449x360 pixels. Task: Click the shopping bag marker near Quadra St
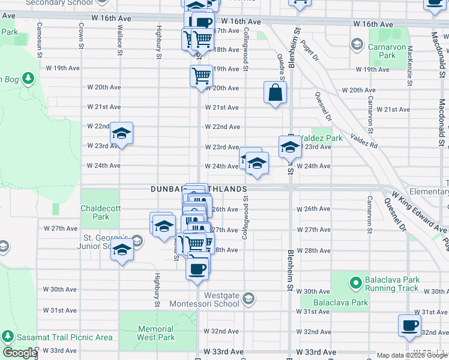(x=275, y=93)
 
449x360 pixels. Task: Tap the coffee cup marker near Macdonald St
(x=409, y=325)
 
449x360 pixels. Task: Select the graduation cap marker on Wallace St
(x=121, y=134)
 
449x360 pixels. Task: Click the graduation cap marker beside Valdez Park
(x=289, y=146)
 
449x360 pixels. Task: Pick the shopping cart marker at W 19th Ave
(x=201, y=76)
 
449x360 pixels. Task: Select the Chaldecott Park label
(x=97, y=212)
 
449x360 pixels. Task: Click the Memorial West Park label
(x=155, y=333)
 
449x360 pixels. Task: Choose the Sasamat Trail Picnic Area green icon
(x=8, y=337)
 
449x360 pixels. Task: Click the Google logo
(x=20, y=353)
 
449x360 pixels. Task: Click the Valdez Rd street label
(x=364, y=140)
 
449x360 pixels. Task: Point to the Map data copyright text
(x=411, y=355)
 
